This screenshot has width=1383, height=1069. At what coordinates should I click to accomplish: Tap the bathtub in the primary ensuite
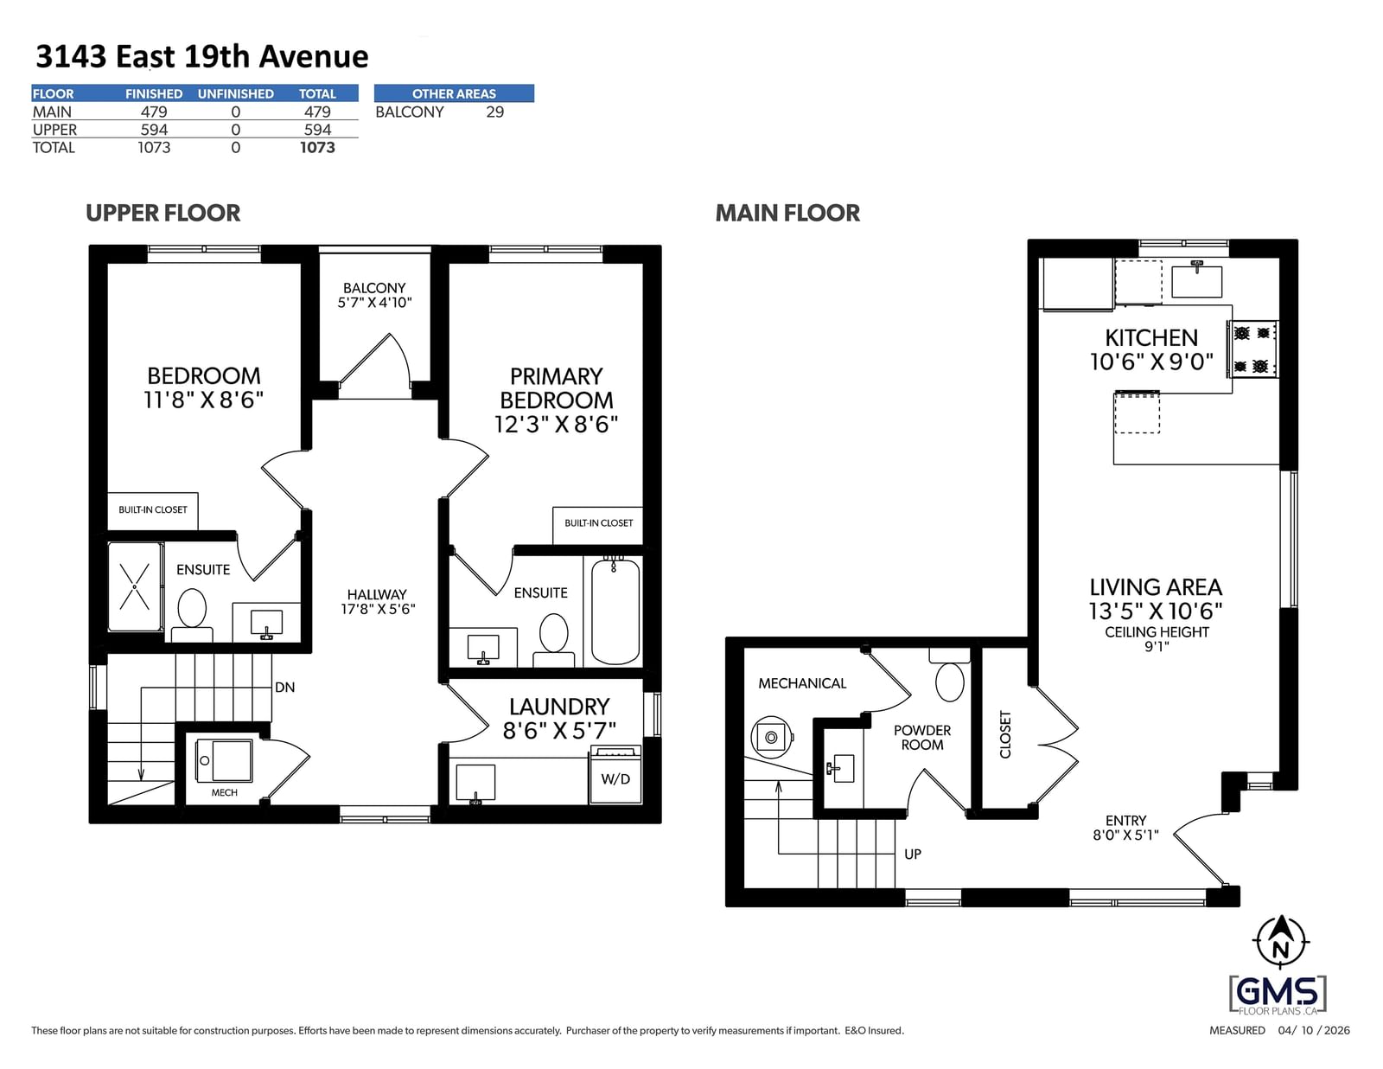click(x=615, y=611)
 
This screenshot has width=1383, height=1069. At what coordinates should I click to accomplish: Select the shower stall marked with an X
click(x=135, y=586)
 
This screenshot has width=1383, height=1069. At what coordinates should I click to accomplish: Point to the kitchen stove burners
click(x=1252, y=349)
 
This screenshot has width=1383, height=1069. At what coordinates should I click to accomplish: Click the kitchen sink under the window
click(x=1196, y=280)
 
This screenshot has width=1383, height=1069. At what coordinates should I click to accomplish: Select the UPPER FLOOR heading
click(x=163, y=213)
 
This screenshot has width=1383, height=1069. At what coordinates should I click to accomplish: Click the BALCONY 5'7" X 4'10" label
click(x=374, y=296)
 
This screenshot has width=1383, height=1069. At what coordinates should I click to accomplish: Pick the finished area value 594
click(x=154, y=129)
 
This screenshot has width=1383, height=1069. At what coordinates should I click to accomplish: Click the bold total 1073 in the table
click(x=317, y=148)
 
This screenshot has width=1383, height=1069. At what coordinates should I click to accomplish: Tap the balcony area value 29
click(x=494, y=112)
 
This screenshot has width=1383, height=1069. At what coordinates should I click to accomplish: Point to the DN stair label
click(x=284, y=687)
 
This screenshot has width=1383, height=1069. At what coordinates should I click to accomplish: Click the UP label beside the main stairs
click(x=912, y=854)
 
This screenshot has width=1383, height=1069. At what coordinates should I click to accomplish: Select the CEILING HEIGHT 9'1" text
click(x=1157, y=639)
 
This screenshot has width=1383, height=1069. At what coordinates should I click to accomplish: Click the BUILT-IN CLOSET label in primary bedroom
click(x=598, y=522)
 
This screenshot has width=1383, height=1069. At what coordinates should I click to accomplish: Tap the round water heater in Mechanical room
click(x=771, y=737)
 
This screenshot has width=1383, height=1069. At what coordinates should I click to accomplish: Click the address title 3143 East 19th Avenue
click(x=201, y=57)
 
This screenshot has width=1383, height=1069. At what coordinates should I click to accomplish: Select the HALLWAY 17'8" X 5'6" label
click(x=378, y=602)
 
